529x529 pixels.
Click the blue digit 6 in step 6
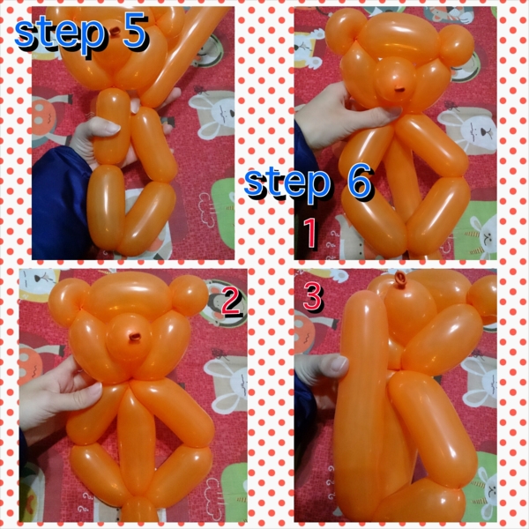pyautogui.click(x=360, y=182)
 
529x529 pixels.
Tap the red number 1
pyautogui.click(x=310, y=233)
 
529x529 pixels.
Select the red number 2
pyautogui.click(x=231, y=301)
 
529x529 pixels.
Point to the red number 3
pyautogui.click(x=312, y=296)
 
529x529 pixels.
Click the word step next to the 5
pyautogui.click(x=60, y=34)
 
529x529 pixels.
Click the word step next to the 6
pyautogui.click(x=287, y=185)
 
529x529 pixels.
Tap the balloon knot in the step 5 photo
pyautogui.click(x=115, y=31)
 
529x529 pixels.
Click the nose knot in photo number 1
pyautogui.click(x=400, y=90)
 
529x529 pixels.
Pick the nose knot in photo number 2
pyautogui.click(x=135, y=337)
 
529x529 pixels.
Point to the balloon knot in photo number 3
pyautogui.click(x=401, y=279)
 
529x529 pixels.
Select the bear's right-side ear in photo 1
pyautogui.click(x=456, y=45)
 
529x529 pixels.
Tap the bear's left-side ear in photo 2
pyautogui.click(x=68, y=298)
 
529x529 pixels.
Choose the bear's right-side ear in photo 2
pyautogui.click(x=189, y=295)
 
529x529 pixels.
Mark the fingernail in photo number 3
pyautogui.click(x=339, y=363)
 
